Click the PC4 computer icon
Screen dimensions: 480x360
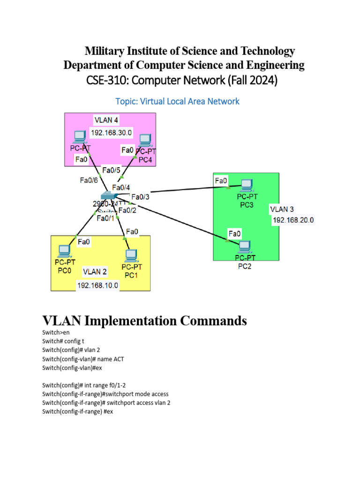click(x=145, y=141)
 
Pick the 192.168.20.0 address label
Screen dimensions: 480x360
click(x=293, y=219)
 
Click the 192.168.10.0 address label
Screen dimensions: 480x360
click(x=97, y=285)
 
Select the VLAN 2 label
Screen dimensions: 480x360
click(x=95, y=271)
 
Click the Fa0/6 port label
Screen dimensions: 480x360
click(x=89, y=180)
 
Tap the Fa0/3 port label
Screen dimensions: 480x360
click(x=140, y=197)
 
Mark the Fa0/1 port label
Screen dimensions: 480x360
click(x=105, y=218)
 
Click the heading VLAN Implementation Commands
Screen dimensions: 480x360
click(x=144, y=321)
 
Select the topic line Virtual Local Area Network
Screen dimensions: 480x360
click(x=177, y=101)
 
